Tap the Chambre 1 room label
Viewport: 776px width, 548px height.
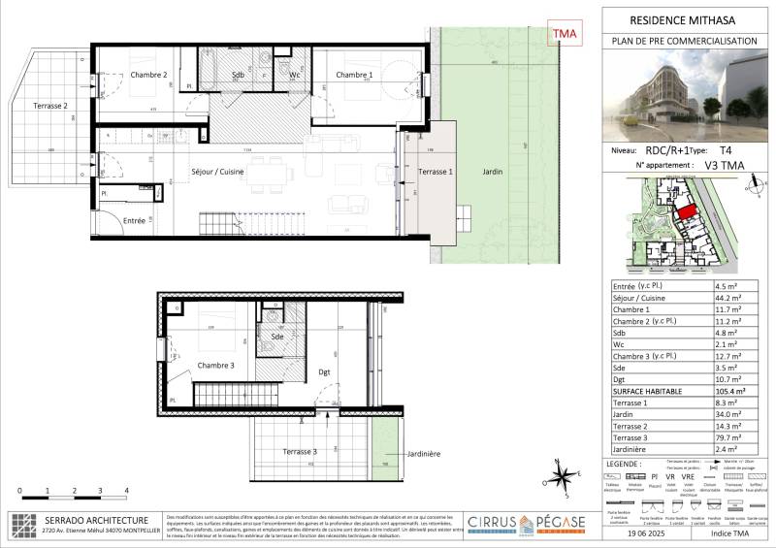point(354,75)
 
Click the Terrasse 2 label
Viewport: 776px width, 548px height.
point(50,105)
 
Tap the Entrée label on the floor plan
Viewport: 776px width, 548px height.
point(135,221)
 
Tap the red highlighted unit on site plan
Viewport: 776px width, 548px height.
point(686,210)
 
